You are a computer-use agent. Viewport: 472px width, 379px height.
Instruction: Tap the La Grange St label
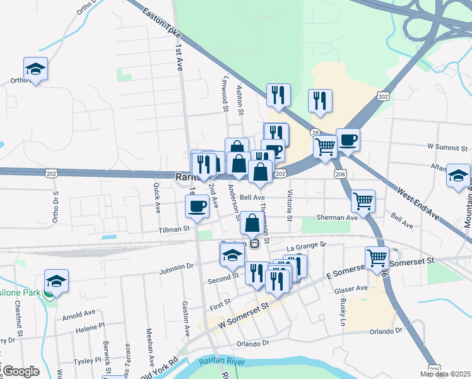pyautogui.click(x=306, y=244)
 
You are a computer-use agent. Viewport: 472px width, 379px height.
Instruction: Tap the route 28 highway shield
pyautogui.click(x=315, y=132)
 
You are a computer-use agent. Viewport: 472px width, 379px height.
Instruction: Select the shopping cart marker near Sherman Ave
pyautogui.click(x=363, y=202)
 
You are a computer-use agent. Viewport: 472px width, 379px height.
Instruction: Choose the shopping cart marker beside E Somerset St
pyautogui.click(x=377, y=258)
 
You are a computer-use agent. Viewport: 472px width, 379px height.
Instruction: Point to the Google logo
pyautogui.click(x=21, y=371)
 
